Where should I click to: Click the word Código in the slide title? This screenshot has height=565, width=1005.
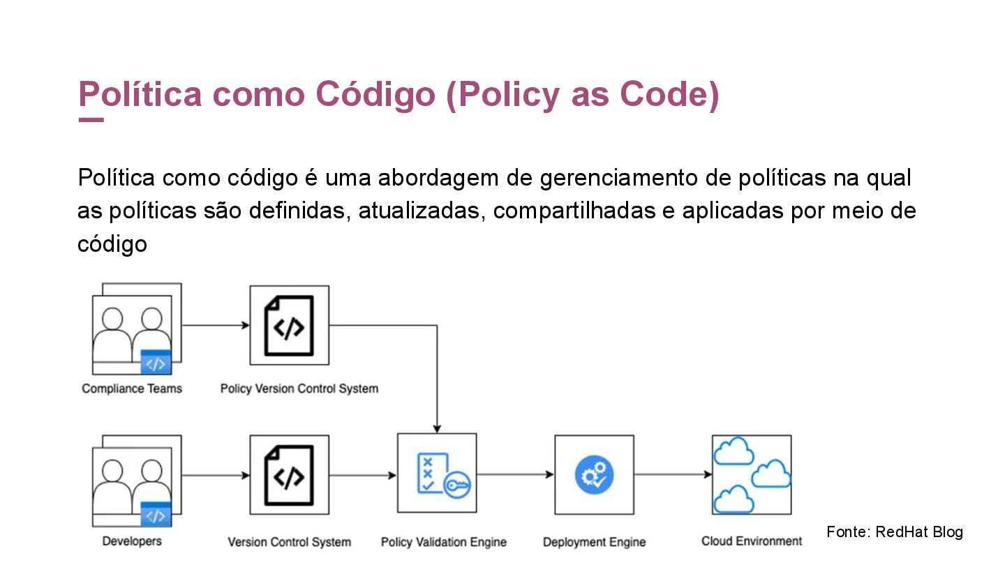coord(375,95)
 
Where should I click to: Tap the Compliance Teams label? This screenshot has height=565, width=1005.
coord(132,389)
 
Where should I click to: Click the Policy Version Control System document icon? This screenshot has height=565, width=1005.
coord(289,326)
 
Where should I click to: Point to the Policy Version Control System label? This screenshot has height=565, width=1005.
coord(299,389)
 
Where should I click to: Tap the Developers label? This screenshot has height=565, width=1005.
coord(132,541)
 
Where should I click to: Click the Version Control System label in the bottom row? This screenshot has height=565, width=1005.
coord(289,542)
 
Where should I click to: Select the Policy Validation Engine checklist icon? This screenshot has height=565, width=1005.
coord(437,474)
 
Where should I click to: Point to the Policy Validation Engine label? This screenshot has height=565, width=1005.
coord(444,542)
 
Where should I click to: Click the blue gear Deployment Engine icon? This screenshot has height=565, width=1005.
coord(594,475)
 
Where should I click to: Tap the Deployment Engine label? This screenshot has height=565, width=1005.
coord(594,542)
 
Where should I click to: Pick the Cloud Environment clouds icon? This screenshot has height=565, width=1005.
coord(752,475)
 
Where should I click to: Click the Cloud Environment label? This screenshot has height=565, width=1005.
coord(752,541)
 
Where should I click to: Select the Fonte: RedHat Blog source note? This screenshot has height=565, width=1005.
coord(895,532)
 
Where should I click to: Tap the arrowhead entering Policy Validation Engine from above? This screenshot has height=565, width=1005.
coord(437,428)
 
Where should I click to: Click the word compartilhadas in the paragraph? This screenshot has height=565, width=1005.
coord(574,211)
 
